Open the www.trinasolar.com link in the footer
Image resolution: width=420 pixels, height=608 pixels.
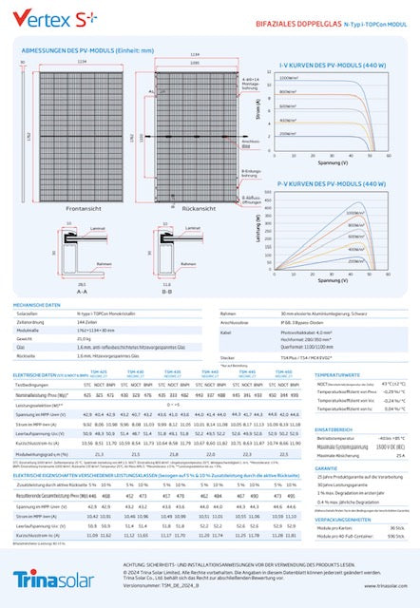pyautogui.click(x=375, y=586)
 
